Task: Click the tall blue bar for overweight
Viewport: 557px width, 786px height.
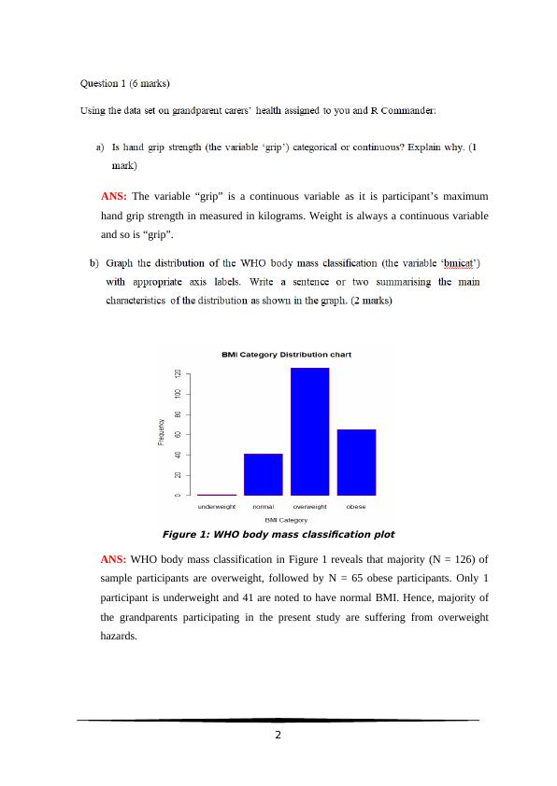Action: [310, 431]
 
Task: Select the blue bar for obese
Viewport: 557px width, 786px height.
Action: [356, 462]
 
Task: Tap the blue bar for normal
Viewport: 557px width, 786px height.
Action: [264, 474]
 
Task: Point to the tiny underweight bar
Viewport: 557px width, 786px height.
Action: [217, 494]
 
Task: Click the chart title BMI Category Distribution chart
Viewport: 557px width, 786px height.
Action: [286, 355]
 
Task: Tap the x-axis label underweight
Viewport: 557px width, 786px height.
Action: [217, 506]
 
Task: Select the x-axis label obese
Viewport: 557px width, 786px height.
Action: [356, 506]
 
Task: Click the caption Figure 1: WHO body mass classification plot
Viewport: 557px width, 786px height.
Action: [278, 535]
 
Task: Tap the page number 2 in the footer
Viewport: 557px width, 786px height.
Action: [278, 735]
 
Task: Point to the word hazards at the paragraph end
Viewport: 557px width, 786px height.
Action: [119, 636]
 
